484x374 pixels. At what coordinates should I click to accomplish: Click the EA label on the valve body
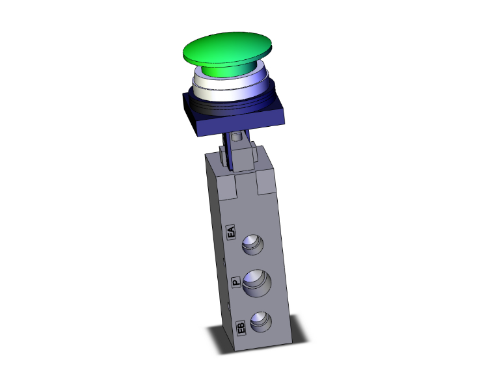[230, 233]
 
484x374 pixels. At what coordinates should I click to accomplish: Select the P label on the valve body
[236, 283]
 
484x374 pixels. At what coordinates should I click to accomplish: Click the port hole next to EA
[250, 245]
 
